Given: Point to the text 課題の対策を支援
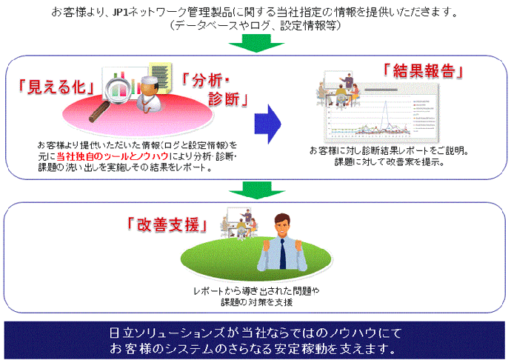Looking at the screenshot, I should pyautogui.click(x=255, y=301).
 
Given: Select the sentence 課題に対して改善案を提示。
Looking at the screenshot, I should pyautogui.click(x=378, y=162).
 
